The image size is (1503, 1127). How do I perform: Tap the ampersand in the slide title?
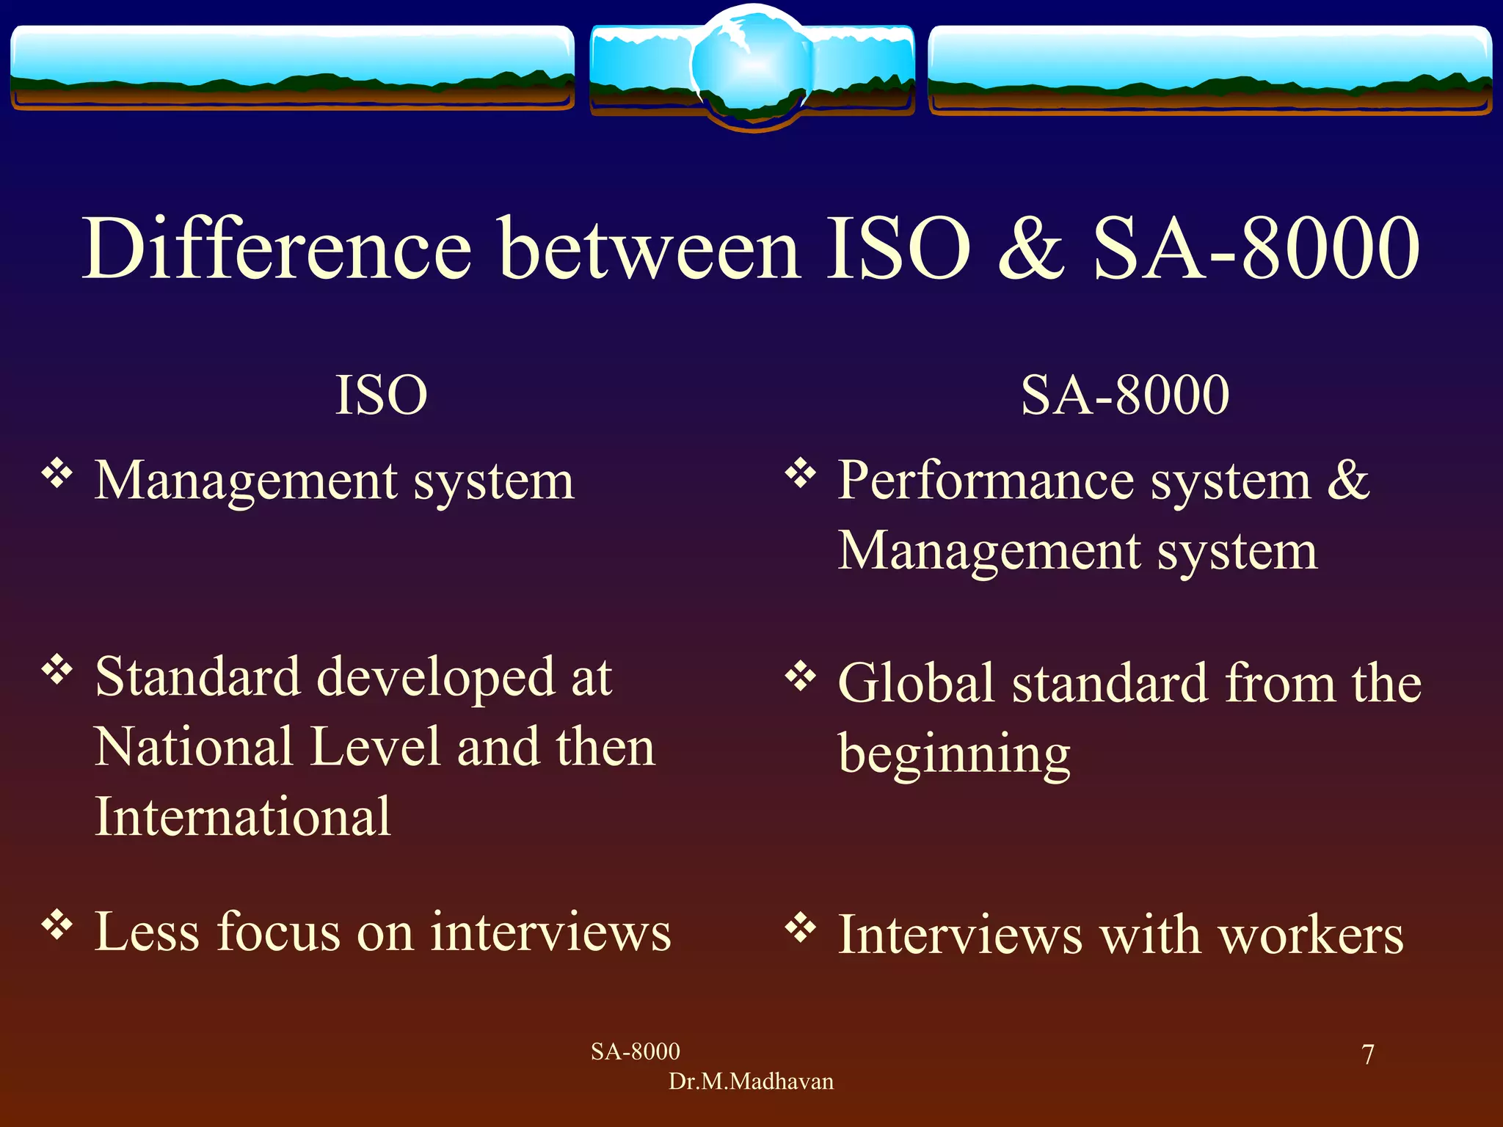pos(1031,249)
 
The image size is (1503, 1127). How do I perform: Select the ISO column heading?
pos(381,395)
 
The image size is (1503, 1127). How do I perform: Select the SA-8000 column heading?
pos(1124,395)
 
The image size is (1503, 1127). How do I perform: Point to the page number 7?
pos(1367,1054)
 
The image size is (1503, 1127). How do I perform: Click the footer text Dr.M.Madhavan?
pos(751,1082)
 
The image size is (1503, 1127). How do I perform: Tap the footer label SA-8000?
pos(635,1051)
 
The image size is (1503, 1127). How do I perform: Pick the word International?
pos(243,817)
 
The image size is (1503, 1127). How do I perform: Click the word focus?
pos(278,932)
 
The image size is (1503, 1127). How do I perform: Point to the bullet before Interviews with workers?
pos(800,928)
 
